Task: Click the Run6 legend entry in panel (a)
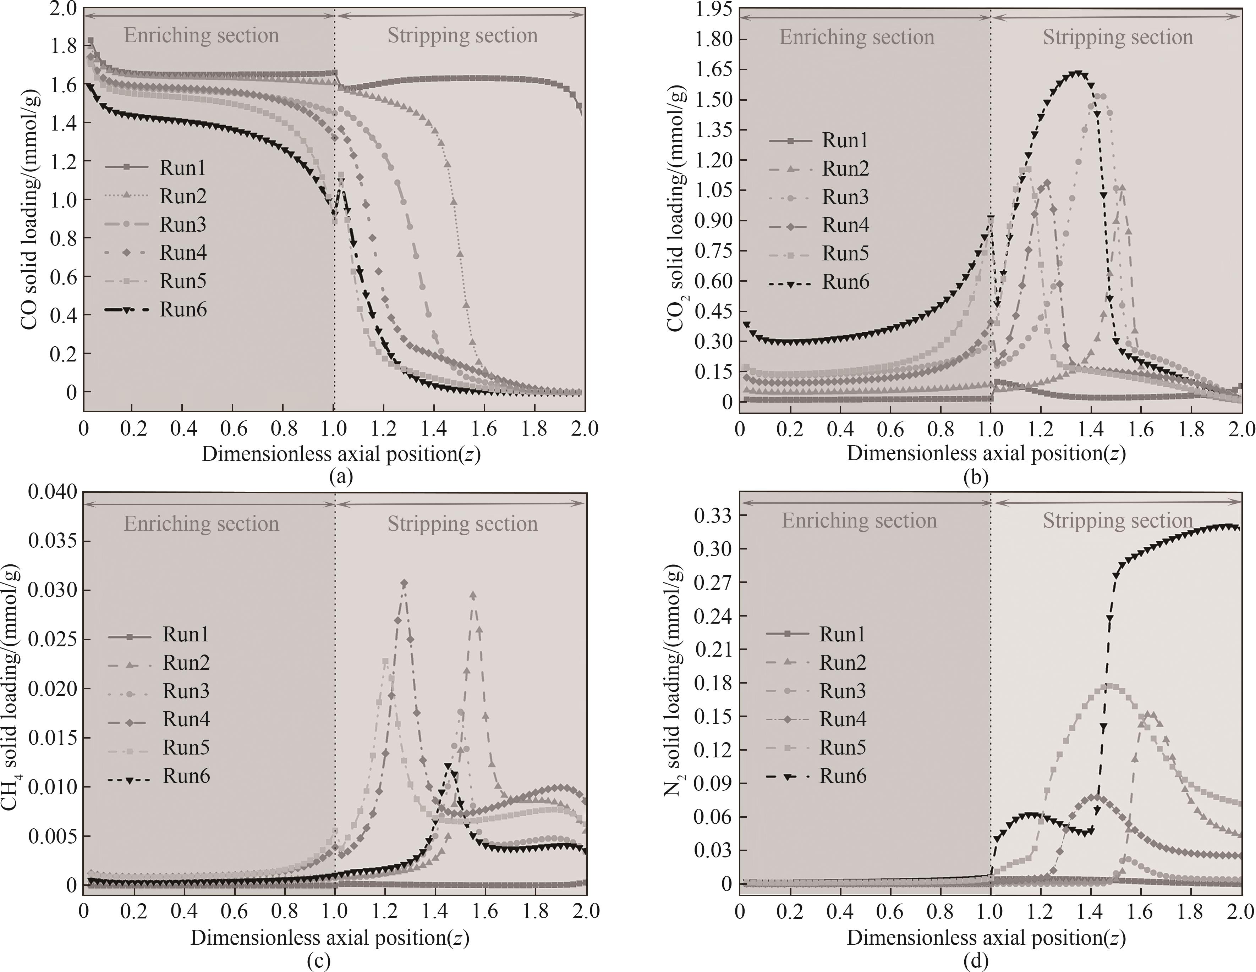[182, 310]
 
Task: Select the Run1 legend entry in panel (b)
[844, 140]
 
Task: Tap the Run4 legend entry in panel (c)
[186, 719]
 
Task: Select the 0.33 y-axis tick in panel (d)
[713, 515]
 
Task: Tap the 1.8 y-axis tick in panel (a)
[63, 45]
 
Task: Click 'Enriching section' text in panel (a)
[201, 35]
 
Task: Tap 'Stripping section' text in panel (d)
[1117, 521]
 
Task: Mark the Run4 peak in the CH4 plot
[404, 583]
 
